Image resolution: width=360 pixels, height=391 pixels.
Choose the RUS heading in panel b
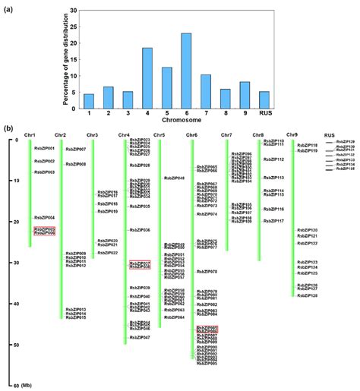pyautogui.click(x=329, y=135)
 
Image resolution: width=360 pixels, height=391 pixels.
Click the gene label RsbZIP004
pyautogui.click(x=45, y=217)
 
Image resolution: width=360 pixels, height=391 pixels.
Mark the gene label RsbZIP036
pyautogui.click(x=141, y=229)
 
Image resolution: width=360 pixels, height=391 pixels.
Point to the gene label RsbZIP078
pyautogui.click(x=207, y=271)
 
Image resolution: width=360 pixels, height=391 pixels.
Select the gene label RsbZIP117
pyautogui.click(x=273, y=221)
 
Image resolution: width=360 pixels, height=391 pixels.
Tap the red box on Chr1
pyautogui.click(x=45, y=231)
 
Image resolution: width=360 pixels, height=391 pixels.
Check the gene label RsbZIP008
pyautogui.click(x=76, y=164)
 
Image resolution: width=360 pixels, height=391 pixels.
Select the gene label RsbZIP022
pyautogui.click(x=108, y=253)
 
